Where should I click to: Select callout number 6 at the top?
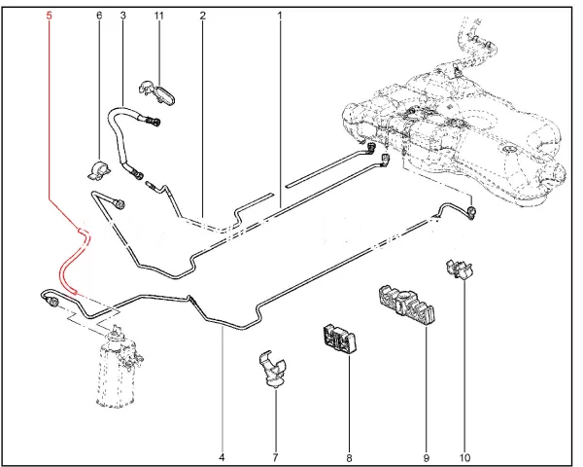click(98, 17)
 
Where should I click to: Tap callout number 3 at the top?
click(122, 17)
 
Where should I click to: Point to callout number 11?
click(159, 17)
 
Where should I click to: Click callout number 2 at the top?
click(202, 17)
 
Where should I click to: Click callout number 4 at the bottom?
click(222, 456)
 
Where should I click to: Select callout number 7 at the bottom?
click(275, 456)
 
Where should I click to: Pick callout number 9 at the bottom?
click(425, 456)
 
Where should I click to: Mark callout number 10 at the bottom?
click(464, 456)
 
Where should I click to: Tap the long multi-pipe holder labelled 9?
click(404, 304)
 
